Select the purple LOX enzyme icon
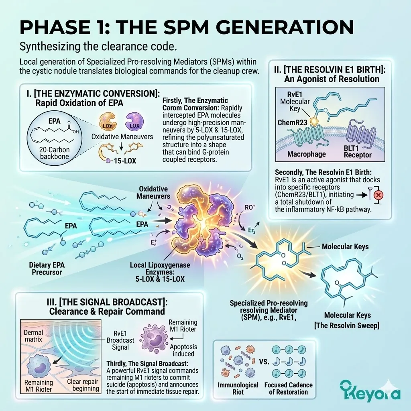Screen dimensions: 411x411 [x=134, y=121]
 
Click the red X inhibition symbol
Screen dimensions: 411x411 [x=378, y=195]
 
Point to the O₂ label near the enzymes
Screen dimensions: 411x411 [x=240, y=256]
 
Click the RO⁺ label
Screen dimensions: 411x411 [x=250, y=208]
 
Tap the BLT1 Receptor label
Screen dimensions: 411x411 [x=358, y=151]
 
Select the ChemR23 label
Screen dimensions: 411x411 [x=292, y=122]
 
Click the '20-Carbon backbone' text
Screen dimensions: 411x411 [x=55, y=153]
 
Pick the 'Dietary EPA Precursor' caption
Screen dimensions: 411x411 [x=47, y=269]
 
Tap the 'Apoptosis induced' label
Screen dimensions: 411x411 [x=183, y=350]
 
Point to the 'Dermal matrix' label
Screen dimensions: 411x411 [x=33, y=336]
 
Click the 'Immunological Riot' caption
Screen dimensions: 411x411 [x=238, y=389]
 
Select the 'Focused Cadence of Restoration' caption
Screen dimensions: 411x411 [x=288, y=389]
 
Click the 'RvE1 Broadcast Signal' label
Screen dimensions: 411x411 [x=120, y=340]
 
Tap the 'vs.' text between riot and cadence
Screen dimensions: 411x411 [x=264, y=362]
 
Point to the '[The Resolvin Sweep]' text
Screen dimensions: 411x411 [x=347, y=326]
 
